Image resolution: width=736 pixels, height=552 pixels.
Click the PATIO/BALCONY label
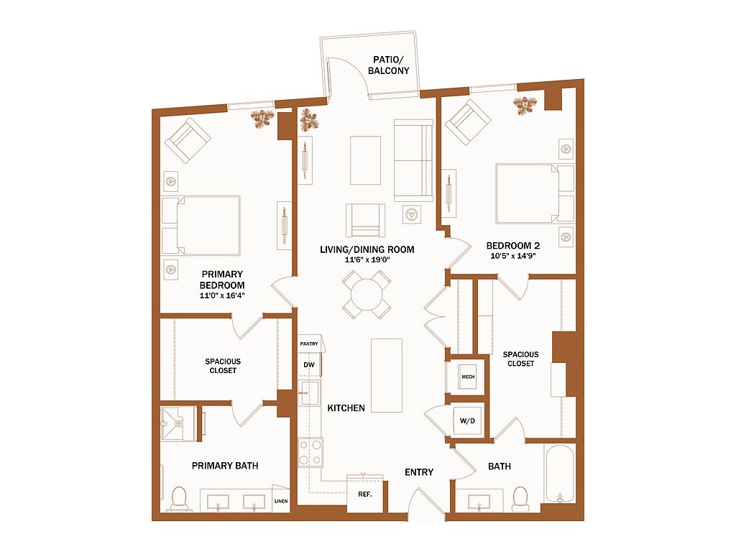click(x=388, y=65)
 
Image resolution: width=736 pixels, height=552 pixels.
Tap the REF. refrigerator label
click(x=364, y=494)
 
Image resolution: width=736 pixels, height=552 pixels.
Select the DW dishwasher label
click(x=309, y=364)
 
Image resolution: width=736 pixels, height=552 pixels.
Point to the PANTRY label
click(x=309, y=344)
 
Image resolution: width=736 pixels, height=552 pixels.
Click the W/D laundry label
click(x=467, y=420)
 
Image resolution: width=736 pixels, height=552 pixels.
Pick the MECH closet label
click(x=468, y=377)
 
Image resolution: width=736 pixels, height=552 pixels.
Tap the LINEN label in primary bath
click(x=281, y=501)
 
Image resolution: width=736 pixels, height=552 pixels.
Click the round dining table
click(x=367, y=295)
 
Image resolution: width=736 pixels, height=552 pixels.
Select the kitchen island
click(x=387, y=375)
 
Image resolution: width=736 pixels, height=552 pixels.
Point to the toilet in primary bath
click(x=179, y=499)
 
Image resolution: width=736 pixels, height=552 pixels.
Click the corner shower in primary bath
click(x=179, y=424)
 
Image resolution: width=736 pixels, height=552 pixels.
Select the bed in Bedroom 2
click(x=535, y=193)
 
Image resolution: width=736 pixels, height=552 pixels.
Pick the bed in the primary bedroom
click(x=201, y=225)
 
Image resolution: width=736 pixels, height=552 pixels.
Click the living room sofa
click(x=413, y=160)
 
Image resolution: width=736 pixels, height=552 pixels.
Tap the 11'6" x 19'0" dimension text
click(x=367, y=259)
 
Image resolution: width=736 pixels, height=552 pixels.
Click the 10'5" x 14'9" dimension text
click(x=513, y=256)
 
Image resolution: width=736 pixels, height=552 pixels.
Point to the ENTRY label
click(x=419, y=472)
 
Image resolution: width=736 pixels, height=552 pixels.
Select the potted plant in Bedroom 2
click(x=524, y=105)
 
